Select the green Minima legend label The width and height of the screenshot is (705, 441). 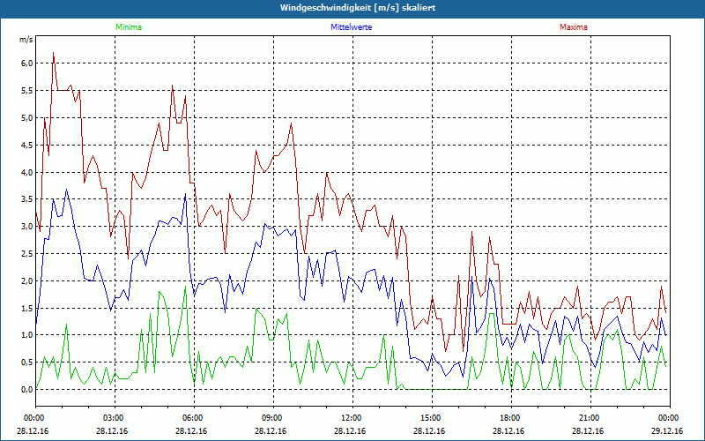128,27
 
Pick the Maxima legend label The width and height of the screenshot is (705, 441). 573,27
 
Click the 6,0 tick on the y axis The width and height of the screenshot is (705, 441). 26,64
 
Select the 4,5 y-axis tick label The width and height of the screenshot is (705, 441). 26,145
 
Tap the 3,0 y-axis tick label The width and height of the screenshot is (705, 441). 26,227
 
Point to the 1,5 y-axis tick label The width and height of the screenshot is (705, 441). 26,308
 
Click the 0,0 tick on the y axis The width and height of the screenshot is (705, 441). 26,389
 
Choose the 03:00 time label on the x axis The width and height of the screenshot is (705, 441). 113,417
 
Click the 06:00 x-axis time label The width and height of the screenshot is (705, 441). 192,417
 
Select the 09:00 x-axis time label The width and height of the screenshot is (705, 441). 271,417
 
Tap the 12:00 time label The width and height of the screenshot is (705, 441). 351,417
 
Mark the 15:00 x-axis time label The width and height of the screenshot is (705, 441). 430,417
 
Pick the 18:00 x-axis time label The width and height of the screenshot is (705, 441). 509,417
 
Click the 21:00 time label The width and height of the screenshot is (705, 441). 589,417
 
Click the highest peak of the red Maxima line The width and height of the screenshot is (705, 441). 53,53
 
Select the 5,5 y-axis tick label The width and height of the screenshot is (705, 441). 26,91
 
